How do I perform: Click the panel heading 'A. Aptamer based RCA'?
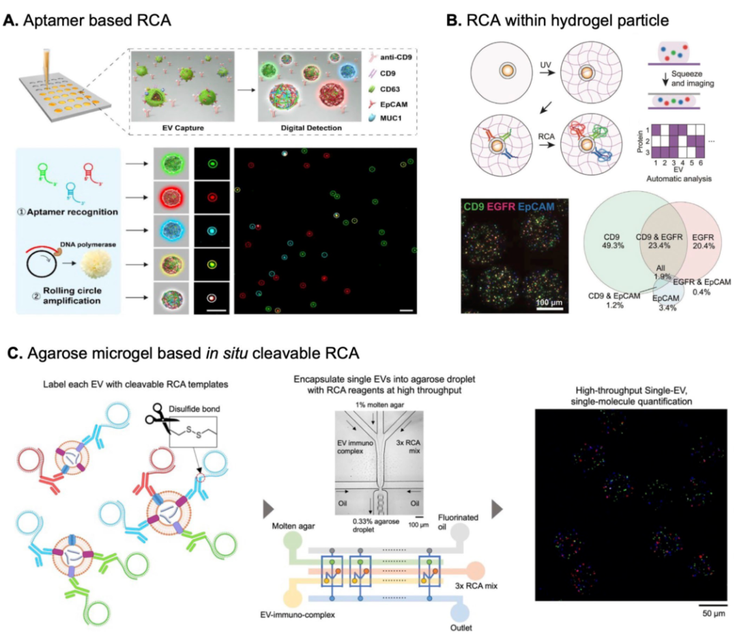(87, 20)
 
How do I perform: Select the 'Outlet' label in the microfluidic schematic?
(466, 624)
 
